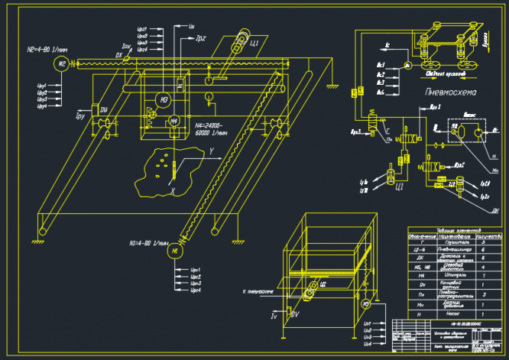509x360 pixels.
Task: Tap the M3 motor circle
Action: [163, 99]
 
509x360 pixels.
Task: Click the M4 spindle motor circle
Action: [173, 120]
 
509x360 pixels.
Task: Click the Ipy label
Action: [80, 116]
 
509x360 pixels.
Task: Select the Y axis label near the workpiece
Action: [210, 151]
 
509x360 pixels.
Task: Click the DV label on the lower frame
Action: [297, 313]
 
